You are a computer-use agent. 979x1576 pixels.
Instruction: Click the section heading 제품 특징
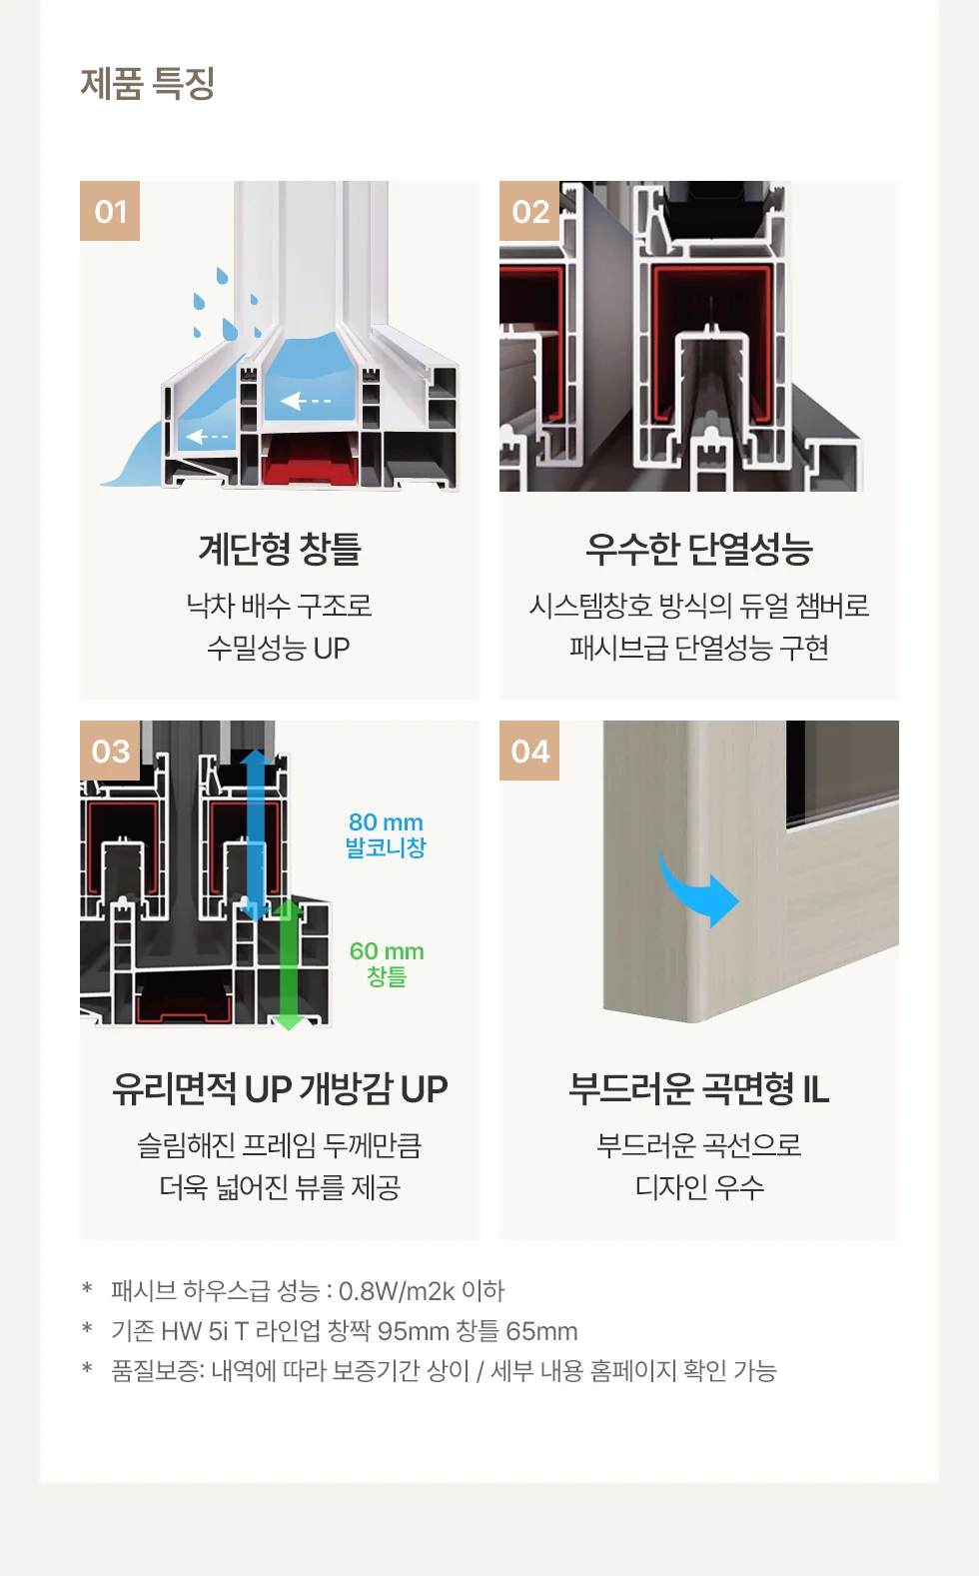(x=148, y=84)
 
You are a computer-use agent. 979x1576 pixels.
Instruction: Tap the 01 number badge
(x=110, y=211)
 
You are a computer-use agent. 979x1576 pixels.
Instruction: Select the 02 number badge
(x=529, y=211)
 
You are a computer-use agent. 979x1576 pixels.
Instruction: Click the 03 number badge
(x=110, y=751)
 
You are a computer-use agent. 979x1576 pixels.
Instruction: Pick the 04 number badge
(x=529, y=751)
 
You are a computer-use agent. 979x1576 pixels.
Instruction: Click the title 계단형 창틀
(x=279, y=549)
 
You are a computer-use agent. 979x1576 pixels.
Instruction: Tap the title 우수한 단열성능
(x=699, y=549)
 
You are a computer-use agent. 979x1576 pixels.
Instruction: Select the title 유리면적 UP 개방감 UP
(x=279, y=1088)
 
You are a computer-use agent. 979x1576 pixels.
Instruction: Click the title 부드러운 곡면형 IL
(x=699, y=1088)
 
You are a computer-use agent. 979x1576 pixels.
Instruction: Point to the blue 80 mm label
(x=387, y=821)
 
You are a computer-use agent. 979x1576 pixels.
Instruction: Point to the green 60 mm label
(x=387, y=951)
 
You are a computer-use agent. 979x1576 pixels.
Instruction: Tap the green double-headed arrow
(x=288, y=964)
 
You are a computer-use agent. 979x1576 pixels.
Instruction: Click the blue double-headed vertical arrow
(x=255, y=835)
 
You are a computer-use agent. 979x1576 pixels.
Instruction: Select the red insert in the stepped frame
(x=310, y=459)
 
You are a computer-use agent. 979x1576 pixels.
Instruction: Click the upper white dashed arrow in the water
(x=306, y=401)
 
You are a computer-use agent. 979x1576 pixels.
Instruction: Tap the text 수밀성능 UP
(x=279, y=648)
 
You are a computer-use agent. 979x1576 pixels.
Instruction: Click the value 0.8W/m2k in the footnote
(x=397, y=1292)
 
